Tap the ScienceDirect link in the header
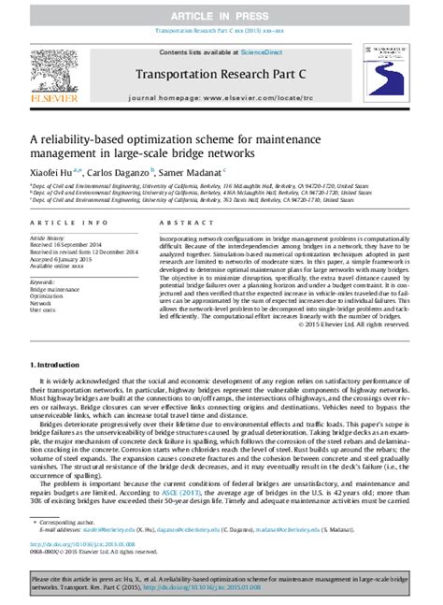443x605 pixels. (265, 53)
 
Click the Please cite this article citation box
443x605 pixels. (221, 583)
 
